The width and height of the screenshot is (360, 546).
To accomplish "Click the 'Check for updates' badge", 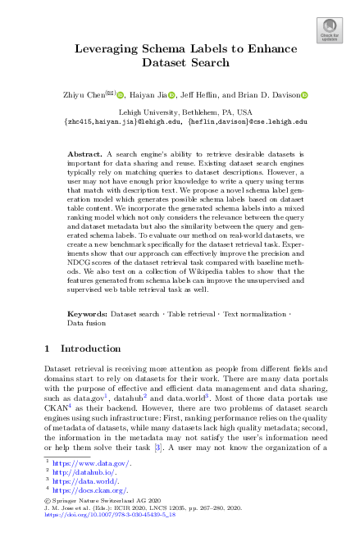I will (x=329, y=31).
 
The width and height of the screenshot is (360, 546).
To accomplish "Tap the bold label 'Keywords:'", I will (x=88, y=314).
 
